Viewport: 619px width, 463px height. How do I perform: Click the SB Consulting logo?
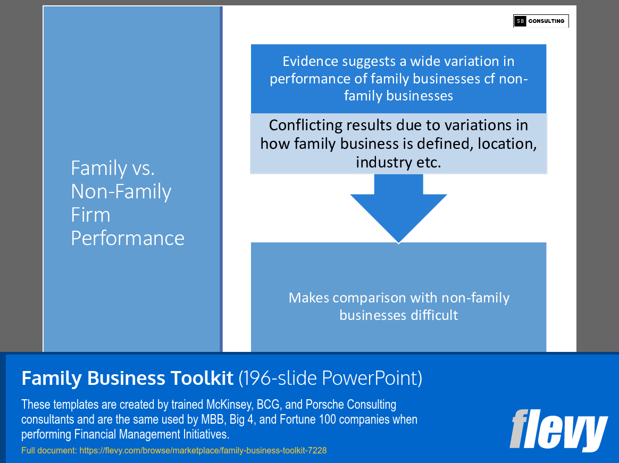coord(540,21)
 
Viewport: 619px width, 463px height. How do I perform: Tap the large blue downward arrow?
coord(398,210)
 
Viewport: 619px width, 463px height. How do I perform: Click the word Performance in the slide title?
coord(128,238)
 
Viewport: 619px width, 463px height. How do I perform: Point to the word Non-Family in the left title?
coord(121,191)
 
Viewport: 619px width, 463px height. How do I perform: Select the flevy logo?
coord(558,430)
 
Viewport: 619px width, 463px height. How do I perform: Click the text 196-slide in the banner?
coord(280,378)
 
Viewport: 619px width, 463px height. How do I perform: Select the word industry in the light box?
coord(380,162)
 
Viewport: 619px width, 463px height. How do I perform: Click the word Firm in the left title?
coord(90,215)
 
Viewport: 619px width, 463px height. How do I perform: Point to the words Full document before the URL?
coord(48,450)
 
